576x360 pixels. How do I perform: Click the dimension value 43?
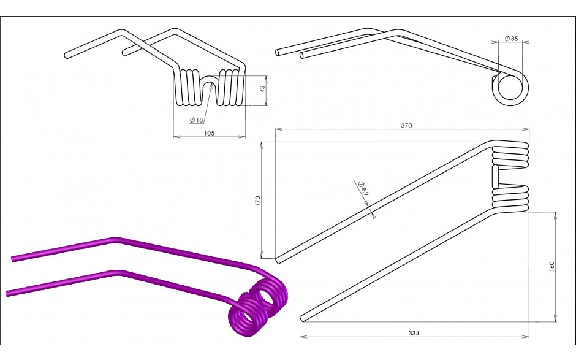(x=262, y=89)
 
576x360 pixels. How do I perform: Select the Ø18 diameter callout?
(x=196, y=120)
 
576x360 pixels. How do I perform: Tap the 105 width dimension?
(x=209, y=133)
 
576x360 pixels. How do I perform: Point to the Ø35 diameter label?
(x=511, y=38)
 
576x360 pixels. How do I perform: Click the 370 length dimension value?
(x=406, y=126)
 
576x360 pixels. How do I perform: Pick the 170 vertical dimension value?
(x=257, y=201)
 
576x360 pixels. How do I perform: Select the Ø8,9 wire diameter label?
(x=363, y=188)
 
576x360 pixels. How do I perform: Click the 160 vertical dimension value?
(x=551, y=267)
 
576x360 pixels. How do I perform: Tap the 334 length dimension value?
(x=414, y=333)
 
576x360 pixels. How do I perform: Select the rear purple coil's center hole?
(x=266, y=296)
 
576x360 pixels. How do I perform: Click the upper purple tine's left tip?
(x=12, y=259)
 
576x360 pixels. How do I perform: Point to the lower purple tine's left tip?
(x=7, y=294)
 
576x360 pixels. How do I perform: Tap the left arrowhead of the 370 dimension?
(x=278, y=129)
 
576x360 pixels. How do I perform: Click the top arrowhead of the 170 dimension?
(x=262, y=145)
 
